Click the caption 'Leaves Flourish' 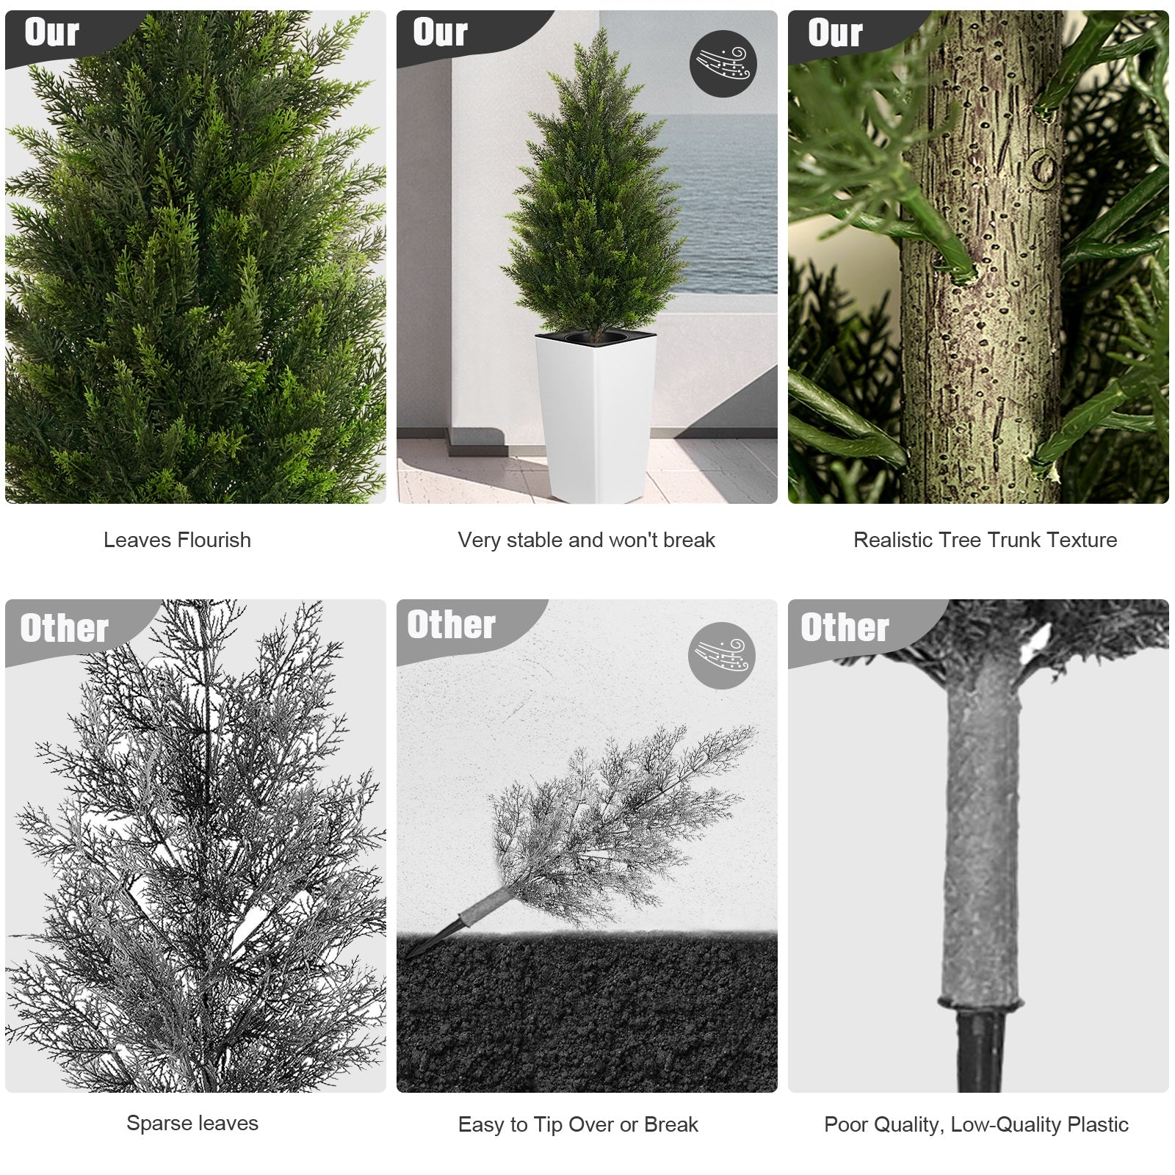coord(177,540)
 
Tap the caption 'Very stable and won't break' coord(586,540)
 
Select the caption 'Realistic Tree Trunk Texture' coord(985,540)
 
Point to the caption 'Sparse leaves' coord(192,1123)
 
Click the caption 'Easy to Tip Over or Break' coord(578,1124)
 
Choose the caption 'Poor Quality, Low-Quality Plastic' coord(976,1124)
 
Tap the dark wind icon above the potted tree coord(723,63)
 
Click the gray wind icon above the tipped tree coord(722,656)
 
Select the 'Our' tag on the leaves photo coord(51,33)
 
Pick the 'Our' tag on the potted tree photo coord(440,33)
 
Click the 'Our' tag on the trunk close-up coord(835,33)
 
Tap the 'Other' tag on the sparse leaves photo coord(65,629)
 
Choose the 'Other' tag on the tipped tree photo coord(452,625)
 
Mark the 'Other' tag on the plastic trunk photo coord(845,628)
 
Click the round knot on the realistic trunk coord(1044,167)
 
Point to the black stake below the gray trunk coord(980,1049)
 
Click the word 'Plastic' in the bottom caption coord(1098,1124)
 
